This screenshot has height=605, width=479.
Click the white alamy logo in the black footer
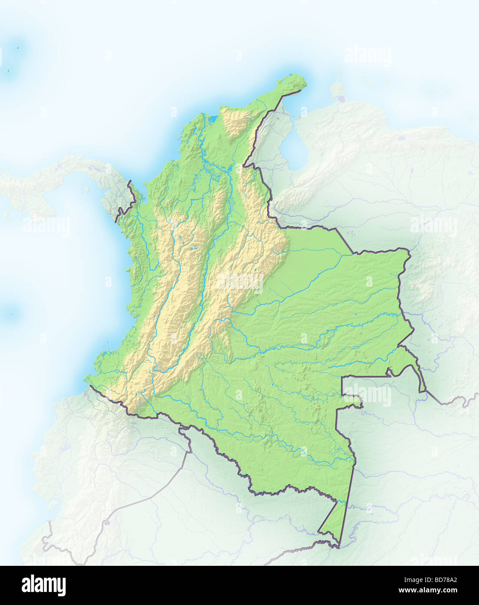tap(43, 585)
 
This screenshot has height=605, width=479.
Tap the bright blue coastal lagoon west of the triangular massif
tap(213, 118)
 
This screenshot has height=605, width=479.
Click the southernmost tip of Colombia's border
tap(339, 547)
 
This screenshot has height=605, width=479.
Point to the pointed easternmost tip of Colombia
tap(424, 391)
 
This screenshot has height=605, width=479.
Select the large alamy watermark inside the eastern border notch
tap(367, 395)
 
